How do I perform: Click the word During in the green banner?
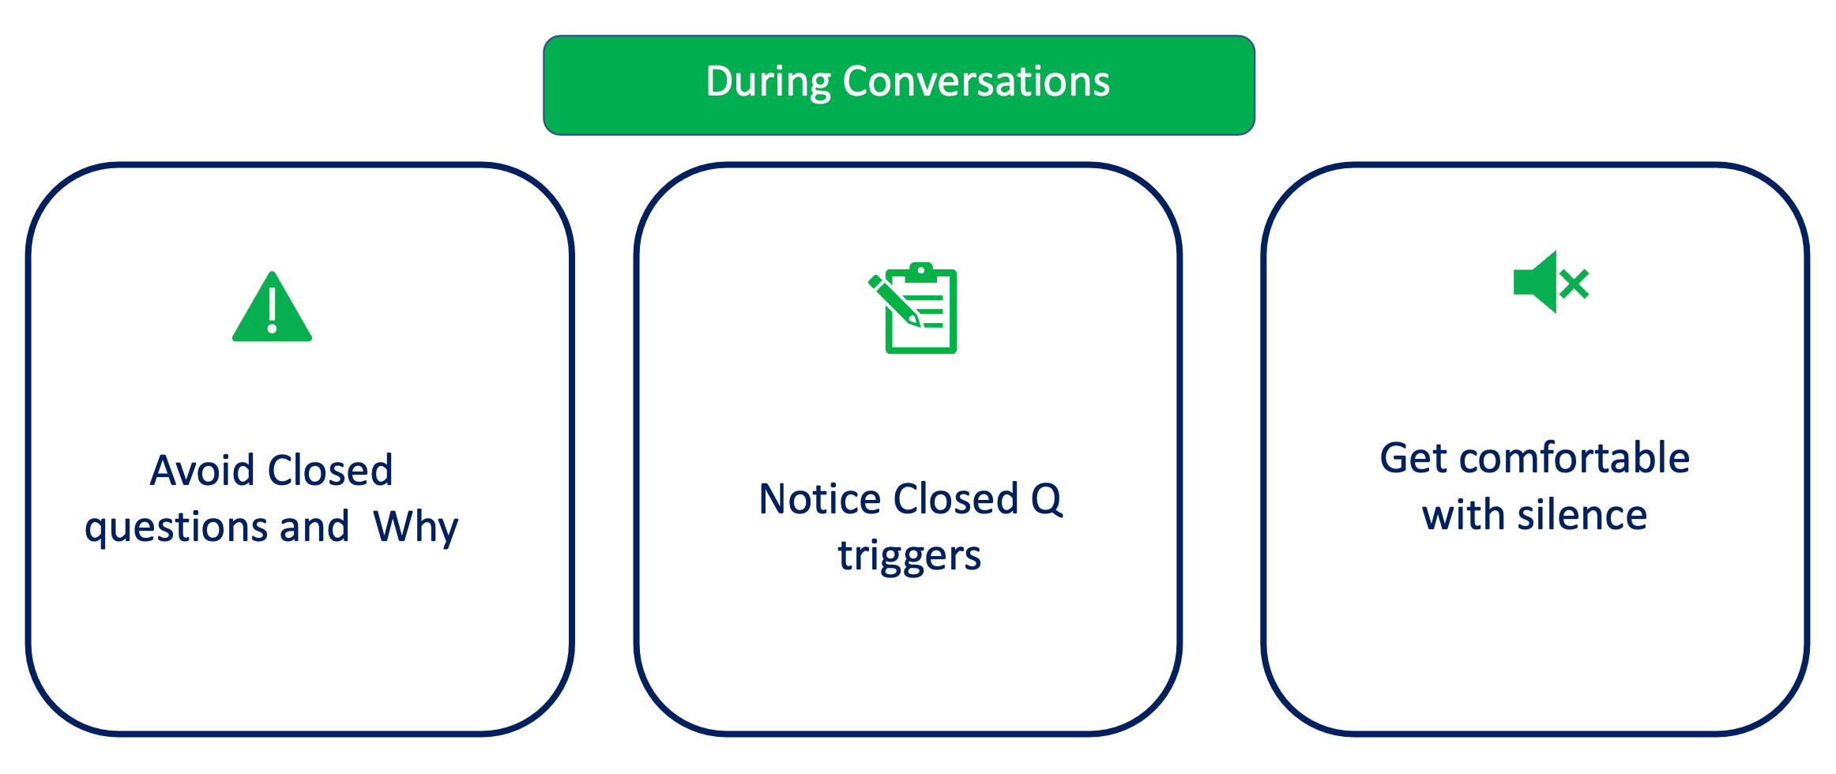click(768, 82)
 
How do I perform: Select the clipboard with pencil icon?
click(914, 309)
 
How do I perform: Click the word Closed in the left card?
click(330, 471)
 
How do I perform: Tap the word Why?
click(416, 528)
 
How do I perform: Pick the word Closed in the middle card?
click(955, 499)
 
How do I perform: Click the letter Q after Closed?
click(1047, 499)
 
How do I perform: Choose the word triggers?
click(909, 556)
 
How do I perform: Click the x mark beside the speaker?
click(1575, 284)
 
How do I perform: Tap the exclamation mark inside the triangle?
click(272, 310)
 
